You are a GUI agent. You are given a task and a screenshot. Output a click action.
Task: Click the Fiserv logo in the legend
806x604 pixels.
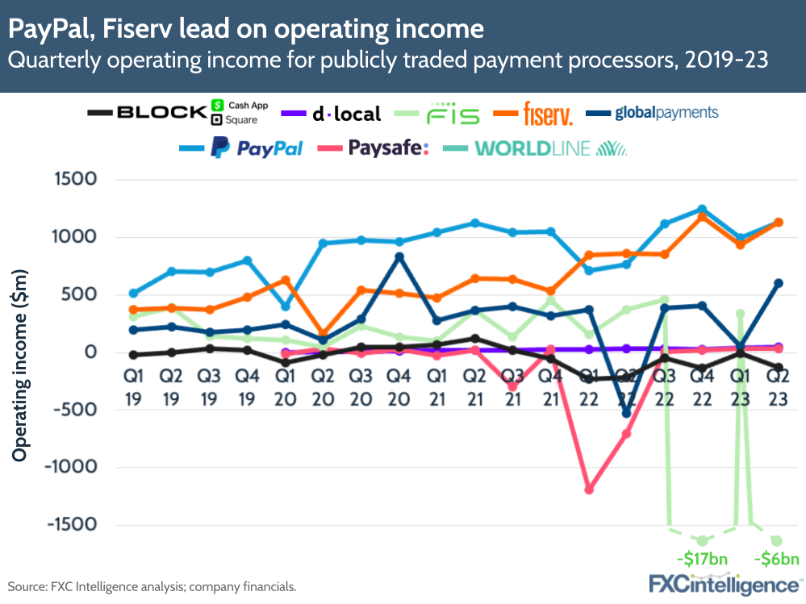point(548,114)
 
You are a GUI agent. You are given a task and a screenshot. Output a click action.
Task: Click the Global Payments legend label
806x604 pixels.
point(666,113)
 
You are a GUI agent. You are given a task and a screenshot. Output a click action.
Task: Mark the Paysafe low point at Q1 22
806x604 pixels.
point(589,489)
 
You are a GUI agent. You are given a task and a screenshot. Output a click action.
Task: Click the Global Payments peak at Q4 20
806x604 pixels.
point(399,257)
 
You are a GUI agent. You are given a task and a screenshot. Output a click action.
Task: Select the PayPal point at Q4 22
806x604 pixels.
point(702,210)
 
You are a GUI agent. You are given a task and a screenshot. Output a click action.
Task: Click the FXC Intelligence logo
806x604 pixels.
point(724,583)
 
